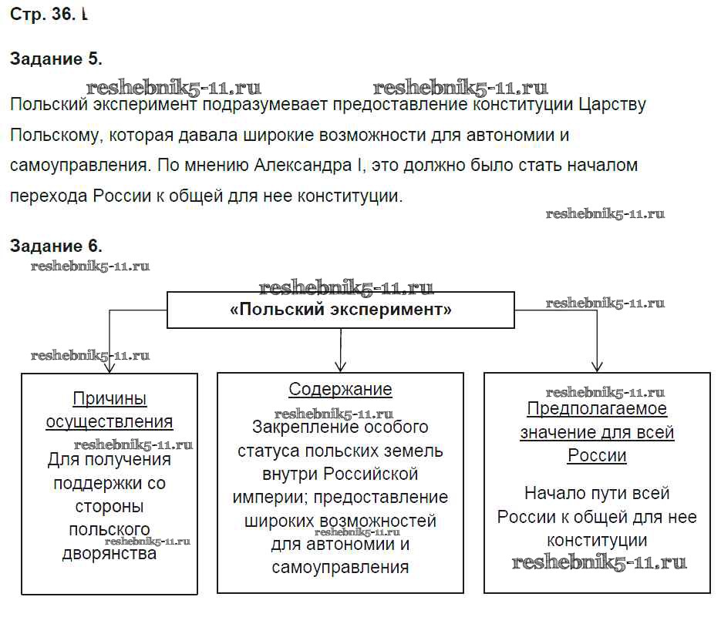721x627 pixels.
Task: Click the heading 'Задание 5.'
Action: coord(56,59)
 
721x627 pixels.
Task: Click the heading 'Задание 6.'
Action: coord(56,246)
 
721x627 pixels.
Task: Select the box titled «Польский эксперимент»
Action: coord(341,310)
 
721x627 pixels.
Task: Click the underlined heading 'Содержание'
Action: coord(340,390)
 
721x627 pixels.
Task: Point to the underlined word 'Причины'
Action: coord(109,398)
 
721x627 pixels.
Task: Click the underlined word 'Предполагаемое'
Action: coord(597,409)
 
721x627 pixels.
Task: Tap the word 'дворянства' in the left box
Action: coord(109,553)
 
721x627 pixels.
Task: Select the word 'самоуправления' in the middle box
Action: coord(340,568)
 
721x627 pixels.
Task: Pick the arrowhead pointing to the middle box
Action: coord(341,365)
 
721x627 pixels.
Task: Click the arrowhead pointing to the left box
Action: coord(109,365)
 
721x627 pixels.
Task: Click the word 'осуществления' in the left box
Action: coord(109,421)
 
